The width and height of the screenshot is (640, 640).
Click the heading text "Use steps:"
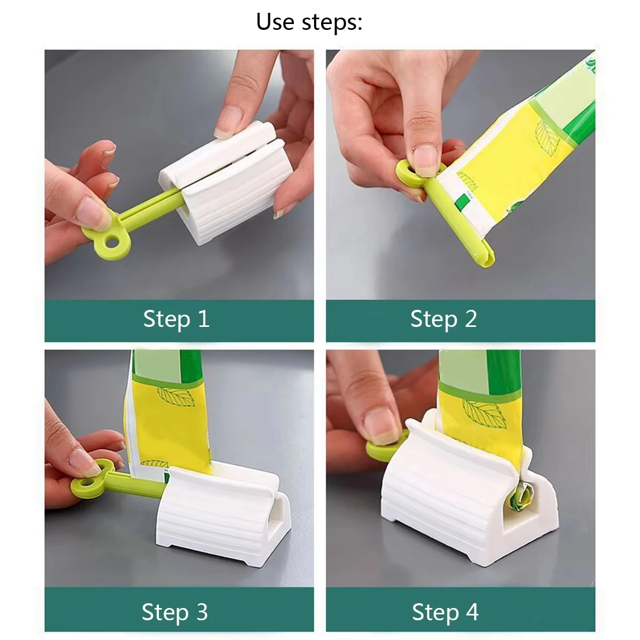pos(309,22)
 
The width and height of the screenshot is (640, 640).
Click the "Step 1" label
pos(177,319)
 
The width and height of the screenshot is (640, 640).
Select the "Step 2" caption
pos(443,319)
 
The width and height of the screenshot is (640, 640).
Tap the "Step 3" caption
pos(175,612)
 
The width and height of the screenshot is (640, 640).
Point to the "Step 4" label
pos(445,612)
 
